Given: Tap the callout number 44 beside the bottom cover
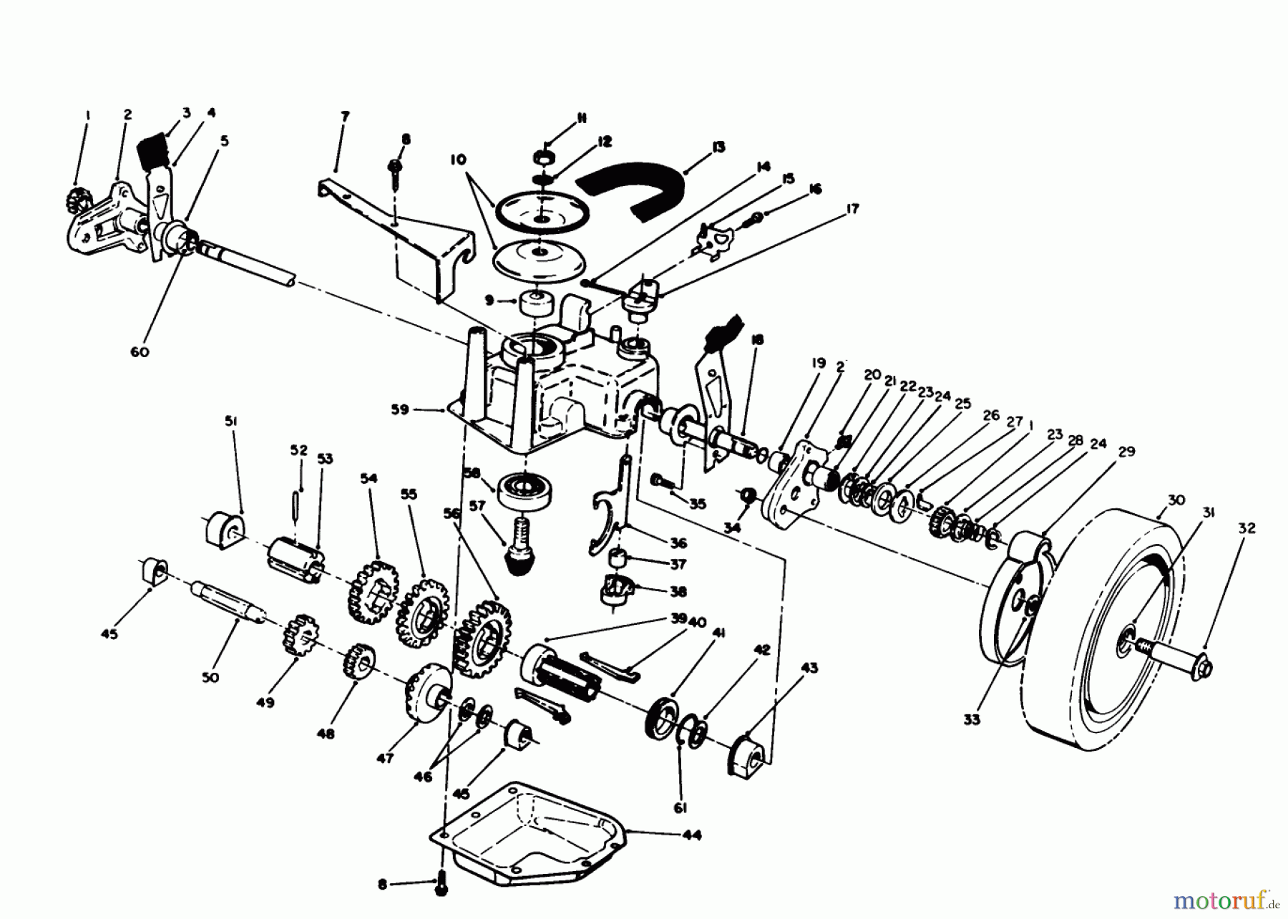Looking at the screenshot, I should [x=691, y=835].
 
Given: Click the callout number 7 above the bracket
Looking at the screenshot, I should [x=345, y=116].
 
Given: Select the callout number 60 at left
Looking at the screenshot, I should [x=140, y=351].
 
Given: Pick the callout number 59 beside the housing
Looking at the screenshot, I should [x=399, y=410].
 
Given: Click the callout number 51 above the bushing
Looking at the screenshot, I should [x=230, y=423].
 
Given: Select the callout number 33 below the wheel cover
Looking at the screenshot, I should [x=971, y=719].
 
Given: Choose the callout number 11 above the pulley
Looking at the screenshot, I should [x=580, y=118].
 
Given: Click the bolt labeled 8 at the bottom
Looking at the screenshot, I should [x=441, y=885].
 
